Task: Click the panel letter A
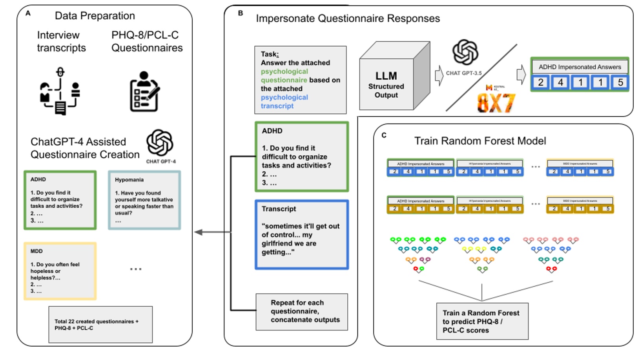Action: pos(28,13)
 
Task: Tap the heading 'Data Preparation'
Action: pos(95,16)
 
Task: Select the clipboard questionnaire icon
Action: pos(144,91)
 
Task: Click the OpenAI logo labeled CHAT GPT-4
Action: pos(160,143)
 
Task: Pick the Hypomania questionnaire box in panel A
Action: pos(144,200)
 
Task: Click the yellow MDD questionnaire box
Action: pos(60,271)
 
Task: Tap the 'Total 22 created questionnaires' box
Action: pos(100,324)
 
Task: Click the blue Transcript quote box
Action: pos(301,235)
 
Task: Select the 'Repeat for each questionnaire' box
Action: pos(301,311)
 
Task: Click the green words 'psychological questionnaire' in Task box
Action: pos(284,76)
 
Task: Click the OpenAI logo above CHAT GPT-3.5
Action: pos(465,52)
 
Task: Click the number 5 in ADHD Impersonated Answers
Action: pos(620,82)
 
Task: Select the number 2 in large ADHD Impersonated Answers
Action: pos(541,82)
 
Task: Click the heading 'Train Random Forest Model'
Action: pos(480,141)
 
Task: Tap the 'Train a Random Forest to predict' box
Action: pos(482,321)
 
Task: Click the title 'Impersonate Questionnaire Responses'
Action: pos(348,18)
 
